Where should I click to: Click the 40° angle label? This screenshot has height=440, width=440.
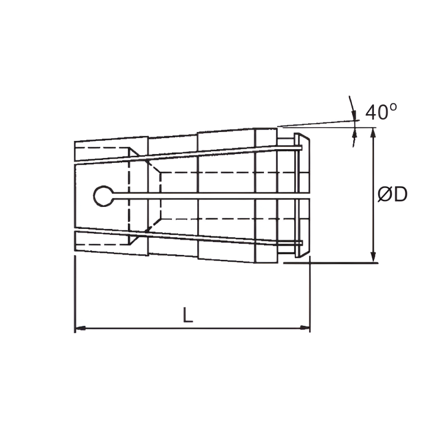(381, 112)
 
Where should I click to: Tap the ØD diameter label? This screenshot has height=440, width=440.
(392, 194)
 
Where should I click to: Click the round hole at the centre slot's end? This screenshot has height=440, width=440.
(103, 195)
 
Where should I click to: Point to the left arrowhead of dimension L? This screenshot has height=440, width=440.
(80, 328)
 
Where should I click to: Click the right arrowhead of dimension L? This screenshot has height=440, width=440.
(306, 328)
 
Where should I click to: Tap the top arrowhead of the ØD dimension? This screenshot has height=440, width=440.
(373, 131)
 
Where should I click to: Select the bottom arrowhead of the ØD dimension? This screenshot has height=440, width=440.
(373, 257)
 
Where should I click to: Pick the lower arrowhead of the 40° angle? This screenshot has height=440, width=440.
(355, 137)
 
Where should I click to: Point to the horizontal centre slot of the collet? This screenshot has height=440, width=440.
(208, 195)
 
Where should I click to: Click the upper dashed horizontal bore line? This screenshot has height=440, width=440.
(226, 172)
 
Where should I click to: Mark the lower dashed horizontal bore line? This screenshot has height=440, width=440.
(226, 218)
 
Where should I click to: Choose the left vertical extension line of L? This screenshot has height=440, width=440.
(75, 294)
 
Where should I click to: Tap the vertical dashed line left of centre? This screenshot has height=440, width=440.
(129, 196)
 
